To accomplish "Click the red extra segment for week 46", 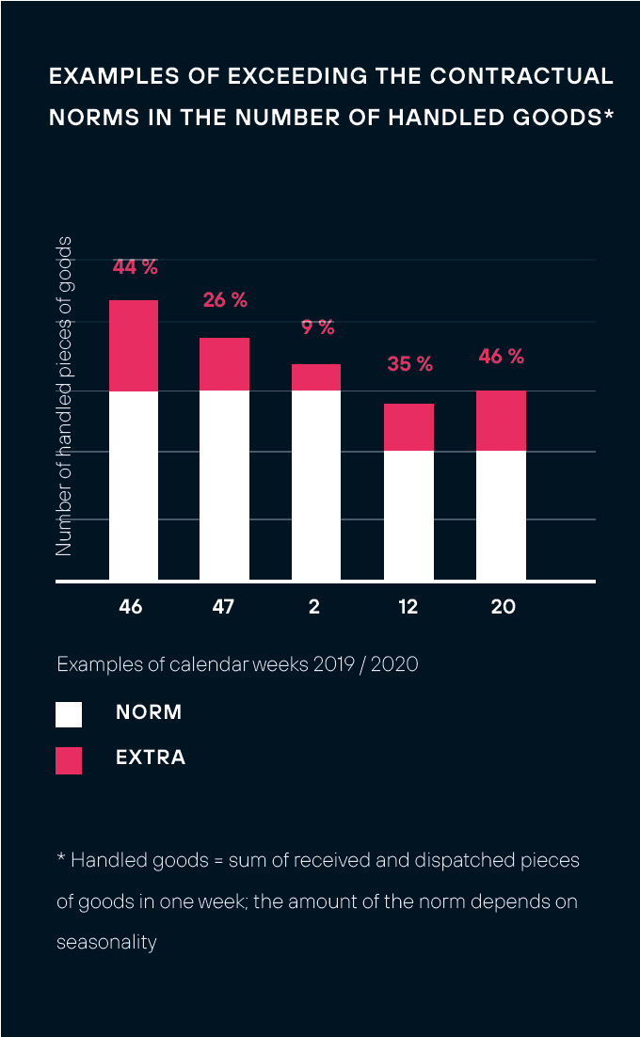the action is [134, 345].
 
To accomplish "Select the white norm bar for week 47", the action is [224, 486].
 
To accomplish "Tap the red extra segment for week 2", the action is [316, 377].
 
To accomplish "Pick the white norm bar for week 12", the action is [409, 516].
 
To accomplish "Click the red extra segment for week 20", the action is [501, 421].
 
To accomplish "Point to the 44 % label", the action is [135, 267].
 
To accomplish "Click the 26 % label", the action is [225, 300].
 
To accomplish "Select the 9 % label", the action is [318, 327].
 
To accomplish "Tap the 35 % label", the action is [410, 363].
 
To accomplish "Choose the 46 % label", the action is [501, 357].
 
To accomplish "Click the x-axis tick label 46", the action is [132, 607].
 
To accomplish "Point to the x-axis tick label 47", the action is [223, 607].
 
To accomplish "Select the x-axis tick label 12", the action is [408, 607].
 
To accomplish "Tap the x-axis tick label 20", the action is [504, 607].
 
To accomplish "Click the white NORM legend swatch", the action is [69, 714].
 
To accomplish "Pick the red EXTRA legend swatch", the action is [69, 760].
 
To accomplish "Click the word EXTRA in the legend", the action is [151, 758].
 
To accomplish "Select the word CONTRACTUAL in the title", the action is [521, 76].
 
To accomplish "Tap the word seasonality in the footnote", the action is [106, 942].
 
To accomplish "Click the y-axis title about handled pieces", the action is [63, 396].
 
